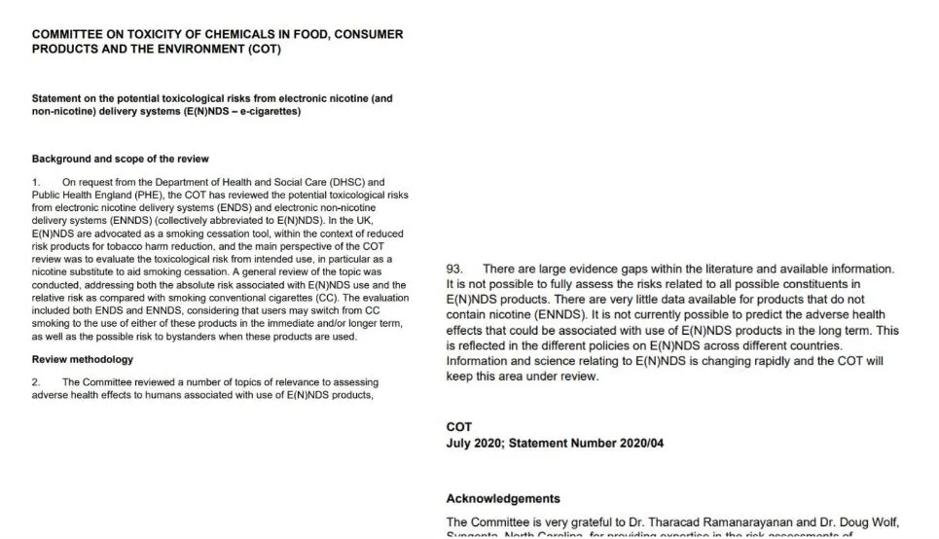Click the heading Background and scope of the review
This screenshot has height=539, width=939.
(120, 159)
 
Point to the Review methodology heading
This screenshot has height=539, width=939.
(83, 359)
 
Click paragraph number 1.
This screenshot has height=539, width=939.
(36, 182)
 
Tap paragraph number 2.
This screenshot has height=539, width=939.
(36, 382)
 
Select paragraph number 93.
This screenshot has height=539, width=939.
(454, 269)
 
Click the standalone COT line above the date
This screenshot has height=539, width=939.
(458, 427)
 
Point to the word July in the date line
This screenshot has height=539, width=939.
(458, 443)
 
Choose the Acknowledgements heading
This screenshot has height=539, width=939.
(503, 498)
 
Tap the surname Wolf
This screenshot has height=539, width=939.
(868, 522)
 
